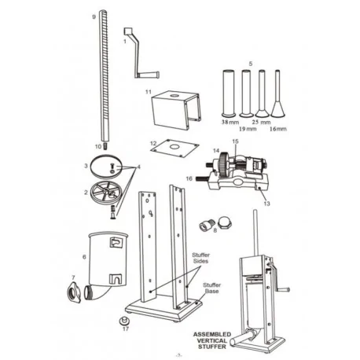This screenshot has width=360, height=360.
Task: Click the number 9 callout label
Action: [94, 16]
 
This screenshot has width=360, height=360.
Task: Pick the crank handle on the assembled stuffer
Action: [281, 288]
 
